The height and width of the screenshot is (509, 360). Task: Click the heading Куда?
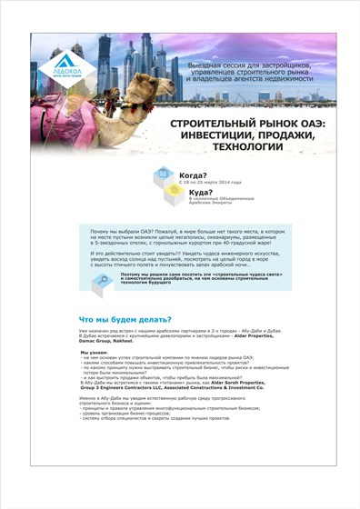[x=201, y=193]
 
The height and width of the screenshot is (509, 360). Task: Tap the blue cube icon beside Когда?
[x=164, y=175]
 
